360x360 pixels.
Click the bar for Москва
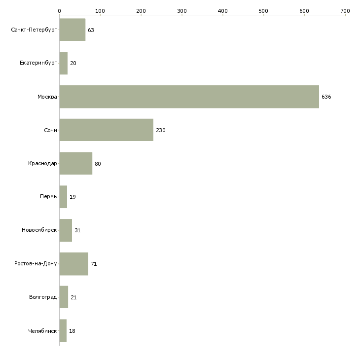189,97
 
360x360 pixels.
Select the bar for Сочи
106,130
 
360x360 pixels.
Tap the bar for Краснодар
75,163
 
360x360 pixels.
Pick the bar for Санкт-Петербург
72,30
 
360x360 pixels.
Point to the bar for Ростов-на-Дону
73,264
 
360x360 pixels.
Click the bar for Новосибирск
66,230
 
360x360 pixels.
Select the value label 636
326,97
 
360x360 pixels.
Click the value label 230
160,130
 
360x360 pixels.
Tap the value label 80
98,164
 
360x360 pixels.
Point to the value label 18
72,331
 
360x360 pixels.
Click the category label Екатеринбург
38,63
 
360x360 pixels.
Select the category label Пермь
48,197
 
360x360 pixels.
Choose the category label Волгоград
43,297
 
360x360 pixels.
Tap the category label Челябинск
42,331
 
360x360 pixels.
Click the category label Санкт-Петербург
34,30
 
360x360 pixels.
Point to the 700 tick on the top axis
345,10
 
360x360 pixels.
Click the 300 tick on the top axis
182,10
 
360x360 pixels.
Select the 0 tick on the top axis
59,10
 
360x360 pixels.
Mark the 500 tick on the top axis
263,10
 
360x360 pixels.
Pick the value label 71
94,264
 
